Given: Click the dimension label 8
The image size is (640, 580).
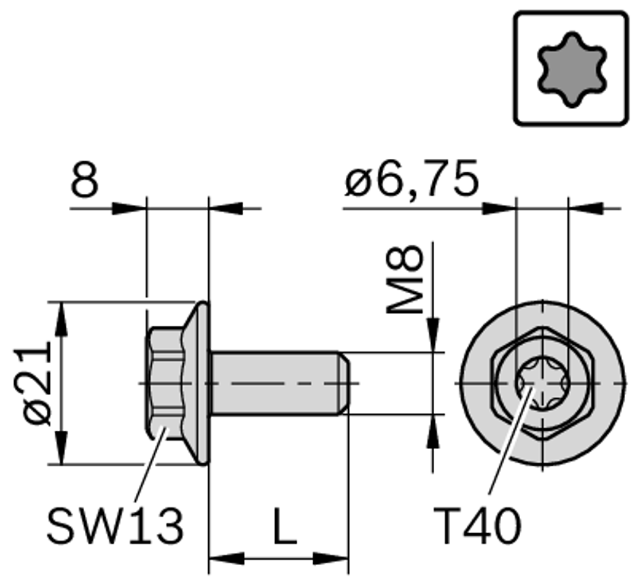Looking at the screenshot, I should pos(85,181).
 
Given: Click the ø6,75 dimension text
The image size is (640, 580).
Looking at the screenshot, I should pos(411,180).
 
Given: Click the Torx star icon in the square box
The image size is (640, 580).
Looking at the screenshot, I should pos(571,69).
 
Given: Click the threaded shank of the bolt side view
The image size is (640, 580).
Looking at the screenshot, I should pos(273,383).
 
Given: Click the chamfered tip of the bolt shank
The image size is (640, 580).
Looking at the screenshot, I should pos(345,383).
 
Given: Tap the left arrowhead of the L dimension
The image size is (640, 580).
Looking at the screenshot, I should pos(225,559).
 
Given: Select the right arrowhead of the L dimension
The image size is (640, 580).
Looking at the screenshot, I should pos(331,559).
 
